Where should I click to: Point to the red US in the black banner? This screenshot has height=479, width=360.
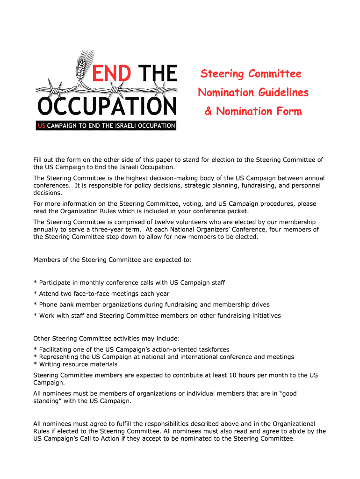(42, 126)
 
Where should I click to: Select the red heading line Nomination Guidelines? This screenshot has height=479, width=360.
(253, 92)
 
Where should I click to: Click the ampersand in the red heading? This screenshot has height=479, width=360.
(208, 111)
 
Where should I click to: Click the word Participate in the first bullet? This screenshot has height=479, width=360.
(56, 283)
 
